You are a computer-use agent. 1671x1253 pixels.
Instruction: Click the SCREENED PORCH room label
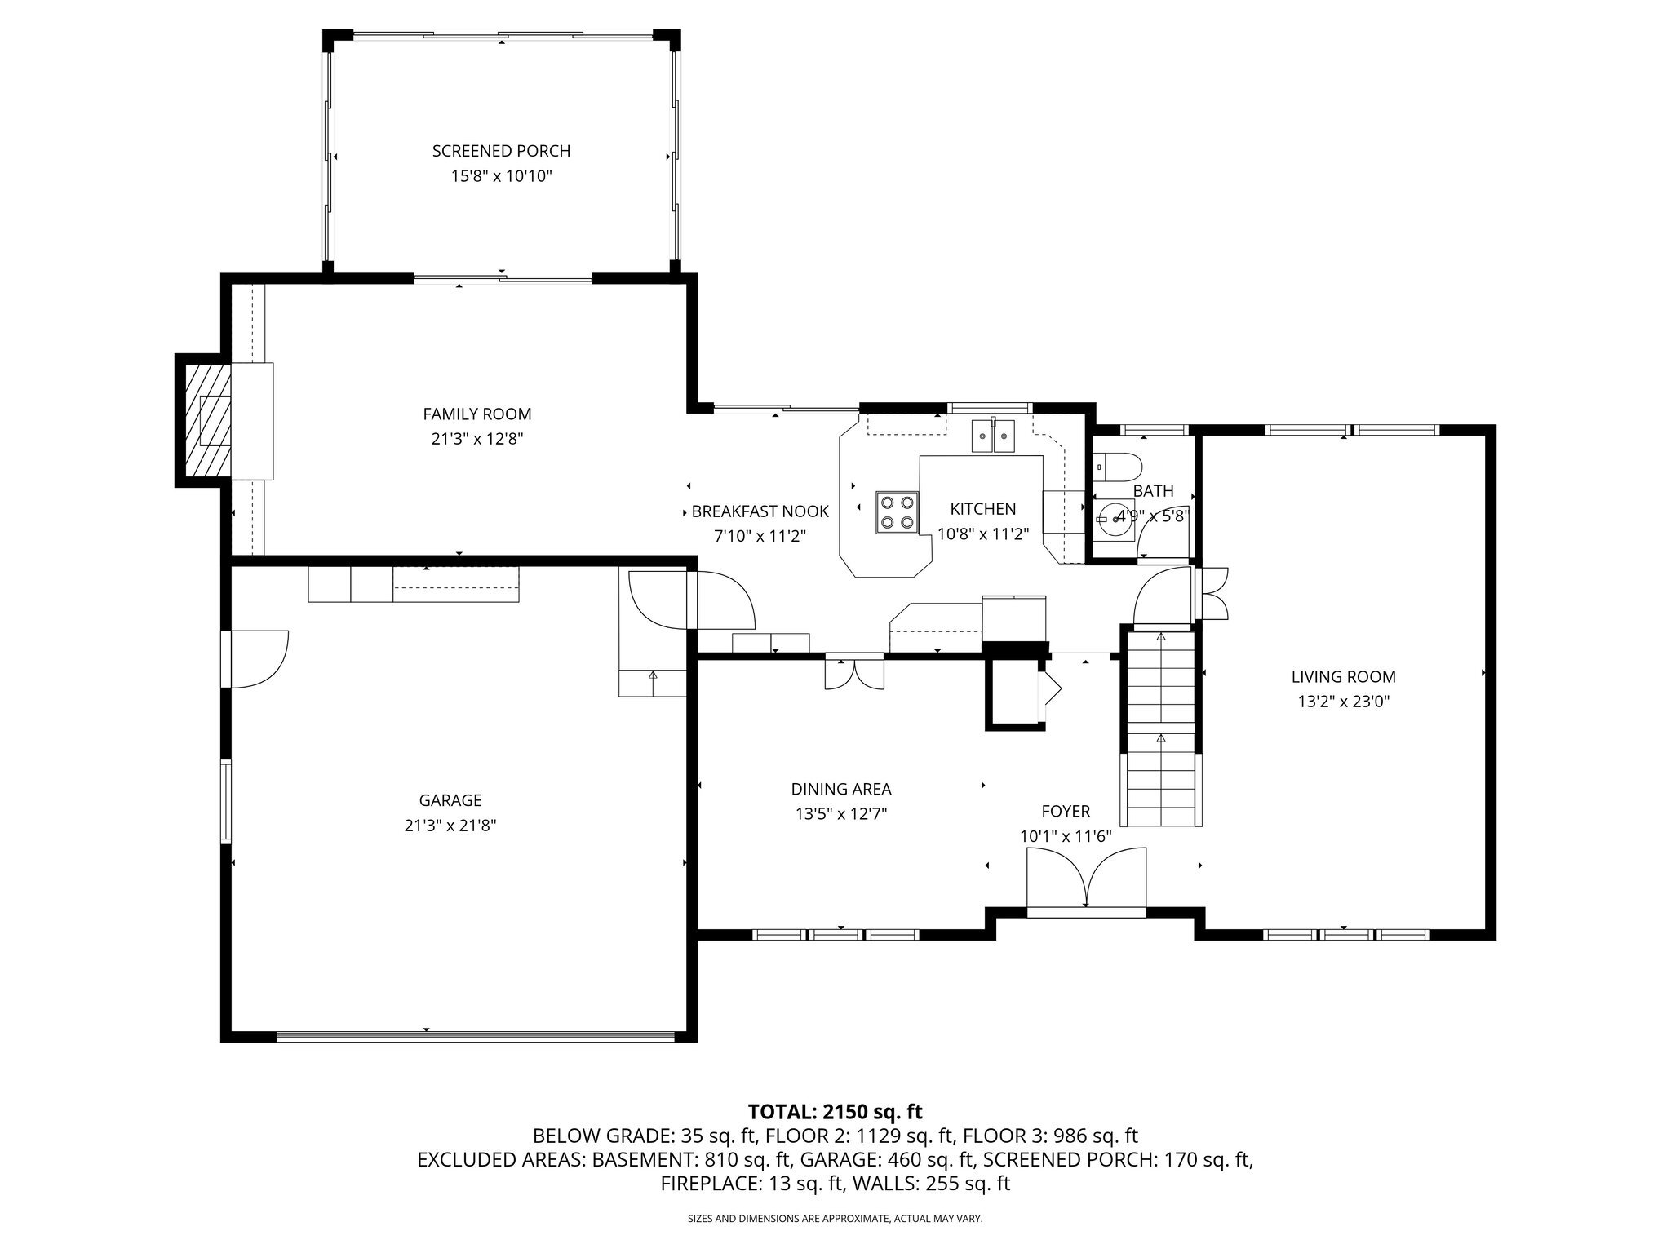501,151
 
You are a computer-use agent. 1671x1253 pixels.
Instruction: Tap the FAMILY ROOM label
477,414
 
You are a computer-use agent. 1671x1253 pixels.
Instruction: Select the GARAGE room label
450,800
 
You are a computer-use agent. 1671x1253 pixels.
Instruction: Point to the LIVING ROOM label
1343,676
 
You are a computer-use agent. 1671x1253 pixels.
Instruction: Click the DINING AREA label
841,789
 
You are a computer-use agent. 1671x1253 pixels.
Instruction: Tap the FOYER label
1066,811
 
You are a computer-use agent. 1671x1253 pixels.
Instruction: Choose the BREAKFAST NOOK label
760,511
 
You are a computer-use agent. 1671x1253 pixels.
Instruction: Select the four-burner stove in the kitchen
898,512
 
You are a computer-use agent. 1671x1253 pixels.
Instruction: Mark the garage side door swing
259,658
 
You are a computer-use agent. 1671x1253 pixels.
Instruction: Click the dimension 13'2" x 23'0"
1343,702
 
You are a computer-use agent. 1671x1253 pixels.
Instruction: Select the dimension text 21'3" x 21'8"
450,826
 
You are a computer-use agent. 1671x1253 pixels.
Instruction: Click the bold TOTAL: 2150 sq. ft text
835,1111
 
